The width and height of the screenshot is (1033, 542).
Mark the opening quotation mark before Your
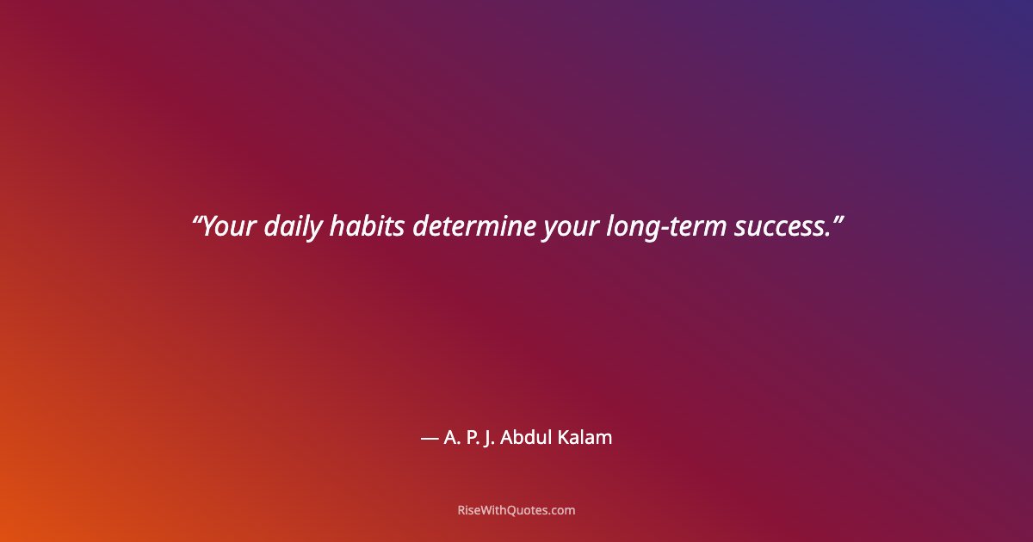[195, 219]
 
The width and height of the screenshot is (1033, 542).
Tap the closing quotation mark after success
[837, 219]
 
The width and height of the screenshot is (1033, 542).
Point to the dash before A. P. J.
[429, 438]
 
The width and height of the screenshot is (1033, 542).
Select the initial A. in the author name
[453, 438]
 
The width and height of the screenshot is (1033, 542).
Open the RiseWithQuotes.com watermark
[516, 510]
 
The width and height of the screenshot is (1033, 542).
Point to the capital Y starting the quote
[209, 227]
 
